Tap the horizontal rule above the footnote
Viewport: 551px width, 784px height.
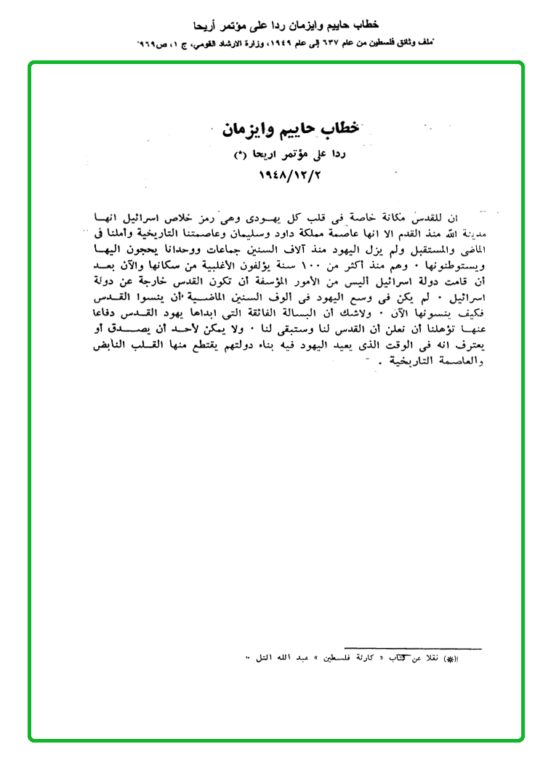tap(413, 647)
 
